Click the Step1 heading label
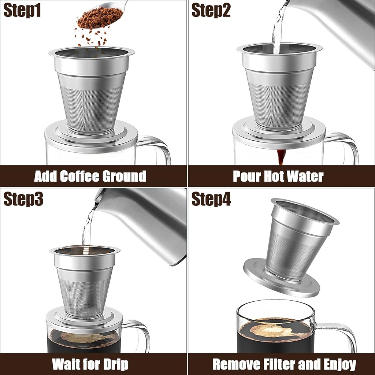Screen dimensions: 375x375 pos(22,10)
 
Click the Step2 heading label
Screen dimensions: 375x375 pos(211,10)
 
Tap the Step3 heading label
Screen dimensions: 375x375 pos(23,199)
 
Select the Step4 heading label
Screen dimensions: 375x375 pos(211,199)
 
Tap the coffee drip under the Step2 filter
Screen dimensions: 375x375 pos(281,157)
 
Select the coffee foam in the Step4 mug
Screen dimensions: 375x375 pos(275,330)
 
